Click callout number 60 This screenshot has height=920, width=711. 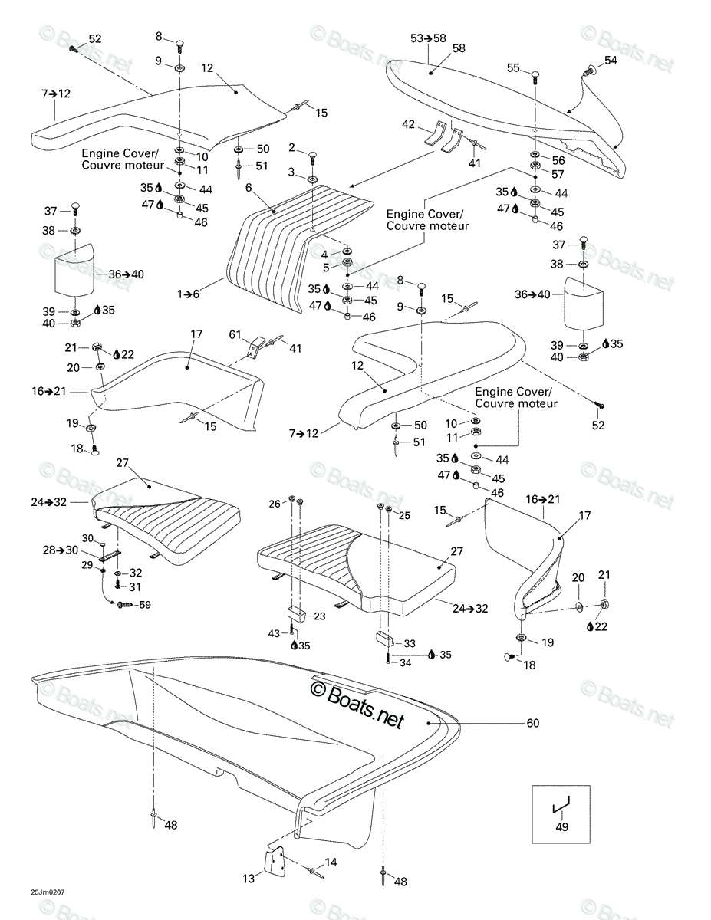[533, 723]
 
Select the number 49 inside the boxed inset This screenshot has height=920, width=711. [561, 827]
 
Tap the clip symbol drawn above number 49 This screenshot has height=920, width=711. [561, 805]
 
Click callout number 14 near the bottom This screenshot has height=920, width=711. [331, 862]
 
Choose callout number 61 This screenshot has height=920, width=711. [235, 334]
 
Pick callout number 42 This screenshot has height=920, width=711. [408, 124]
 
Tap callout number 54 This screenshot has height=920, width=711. [611, 61]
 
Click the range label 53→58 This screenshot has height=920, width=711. [428, 38]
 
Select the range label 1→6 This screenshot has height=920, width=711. [188, 294]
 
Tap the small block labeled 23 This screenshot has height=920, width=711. [296, 614]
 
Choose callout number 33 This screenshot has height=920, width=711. [409, 643]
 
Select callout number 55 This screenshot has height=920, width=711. [513, 67]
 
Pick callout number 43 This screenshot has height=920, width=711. [274, 633]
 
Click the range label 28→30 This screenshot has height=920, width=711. [60, 550]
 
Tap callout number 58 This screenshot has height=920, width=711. [459, 48]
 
